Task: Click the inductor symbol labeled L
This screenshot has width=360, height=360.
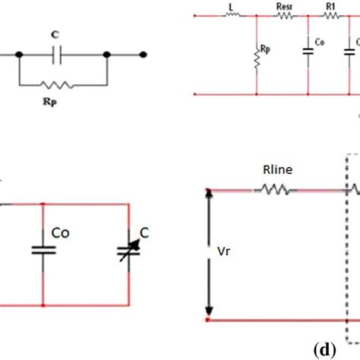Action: (230, 17)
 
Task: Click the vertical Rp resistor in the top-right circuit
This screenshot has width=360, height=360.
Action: (257, 58)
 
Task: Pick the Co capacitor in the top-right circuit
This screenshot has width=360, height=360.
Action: (308, 51)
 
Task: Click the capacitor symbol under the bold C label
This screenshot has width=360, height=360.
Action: (63, 55)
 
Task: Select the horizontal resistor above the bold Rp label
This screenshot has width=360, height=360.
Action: (63, 84)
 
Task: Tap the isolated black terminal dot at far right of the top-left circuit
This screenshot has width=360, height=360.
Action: (143, 55)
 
